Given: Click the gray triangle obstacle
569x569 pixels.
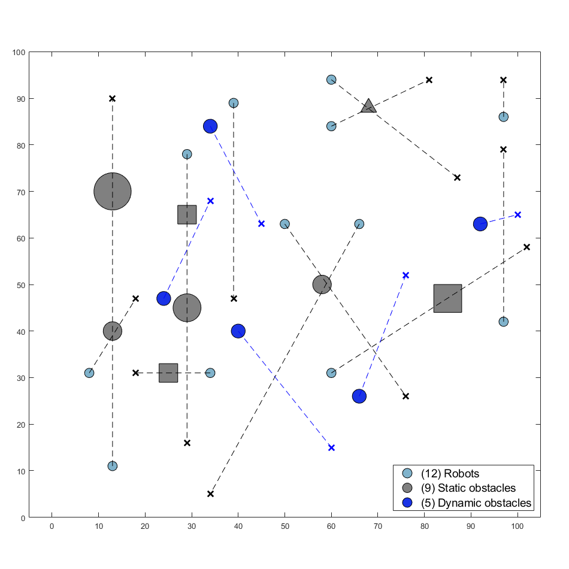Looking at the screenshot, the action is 368,106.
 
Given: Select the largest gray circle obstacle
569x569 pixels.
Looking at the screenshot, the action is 113,192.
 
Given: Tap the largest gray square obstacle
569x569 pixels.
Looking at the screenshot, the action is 447,298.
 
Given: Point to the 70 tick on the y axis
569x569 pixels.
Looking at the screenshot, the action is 20,192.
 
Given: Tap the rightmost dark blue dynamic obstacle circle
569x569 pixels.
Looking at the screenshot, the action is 480,224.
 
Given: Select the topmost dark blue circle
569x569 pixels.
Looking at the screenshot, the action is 210,126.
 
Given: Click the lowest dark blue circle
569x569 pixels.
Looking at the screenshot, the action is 359,396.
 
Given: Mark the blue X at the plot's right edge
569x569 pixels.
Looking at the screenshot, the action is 518,214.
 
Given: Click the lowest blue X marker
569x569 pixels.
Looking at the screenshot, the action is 331,447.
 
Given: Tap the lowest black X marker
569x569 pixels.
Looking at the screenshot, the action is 210,494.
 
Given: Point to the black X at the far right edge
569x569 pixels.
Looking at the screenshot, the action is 527,247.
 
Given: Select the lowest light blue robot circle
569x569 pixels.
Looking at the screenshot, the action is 113,466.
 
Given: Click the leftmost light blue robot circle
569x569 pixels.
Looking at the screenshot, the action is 89,373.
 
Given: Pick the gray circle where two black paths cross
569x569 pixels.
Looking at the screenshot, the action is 322,284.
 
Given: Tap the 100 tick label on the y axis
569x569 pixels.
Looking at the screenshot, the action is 19,52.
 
